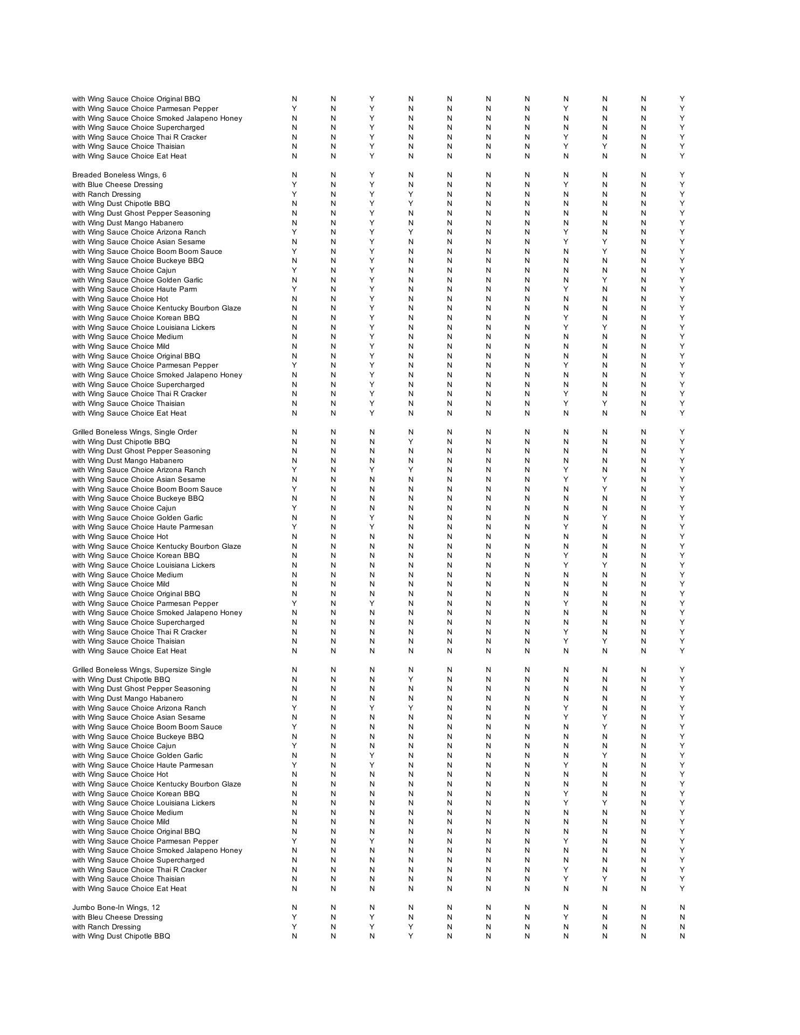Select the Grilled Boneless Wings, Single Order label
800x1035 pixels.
pos(134,432)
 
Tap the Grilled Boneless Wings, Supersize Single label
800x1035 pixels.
pos(141,670)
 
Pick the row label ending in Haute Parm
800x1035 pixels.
pos(134,289)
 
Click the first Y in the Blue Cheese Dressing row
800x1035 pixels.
pos(294,185)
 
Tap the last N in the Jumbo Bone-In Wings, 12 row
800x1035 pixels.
pos(682,908)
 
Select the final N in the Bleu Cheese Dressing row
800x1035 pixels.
pos(682,917)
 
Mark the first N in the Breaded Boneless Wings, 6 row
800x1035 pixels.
pos(294,175)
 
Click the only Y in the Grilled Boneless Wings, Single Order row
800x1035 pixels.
pos(682,432)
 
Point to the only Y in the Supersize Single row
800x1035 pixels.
pos(682,670)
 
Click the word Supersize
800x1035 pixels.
pos(173,670)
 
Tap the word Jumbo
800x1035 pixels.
pos(83,908)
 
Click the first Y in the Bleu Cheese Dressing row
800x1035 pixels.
pos(294,917)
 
